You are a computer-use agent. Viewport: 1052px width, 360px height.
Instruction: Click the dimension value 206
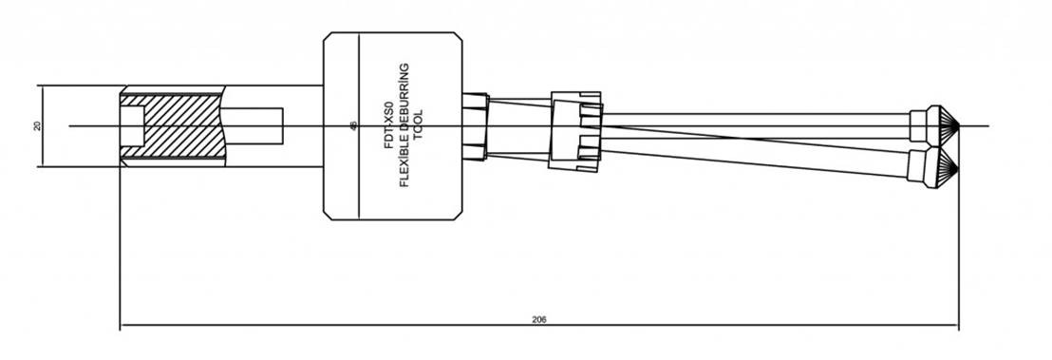click(539, 319)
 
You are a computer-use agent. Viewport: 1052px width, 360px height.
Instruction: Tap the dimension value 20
click(37, 125)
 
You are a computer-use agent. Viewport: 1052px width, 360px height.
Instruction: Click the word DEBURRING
click(404, 99)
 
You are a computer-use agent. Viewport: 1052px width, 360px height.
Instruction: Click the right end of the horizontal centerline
click(987, 125)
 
